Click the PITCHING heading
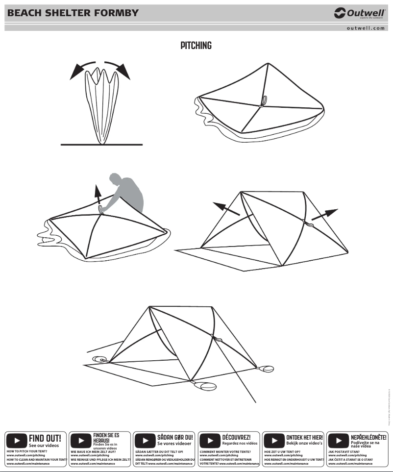click(196, 46)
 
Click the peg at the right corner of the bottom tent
click(268, 368)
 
